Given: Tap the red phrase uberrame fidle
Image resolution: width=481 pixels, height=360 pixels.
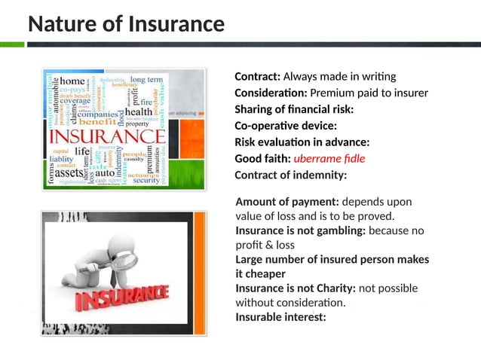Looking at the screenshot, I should (328, 159).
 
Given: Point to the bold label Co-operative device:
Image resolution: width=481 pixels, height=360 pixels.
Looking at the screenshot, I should (286, 126).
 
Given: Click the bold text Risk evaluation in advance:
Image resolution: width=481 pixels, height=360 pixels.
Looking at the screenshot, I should (302, 142).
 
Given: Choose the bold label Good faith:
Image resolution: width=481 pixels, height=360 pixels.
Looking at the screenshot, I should (262, 159).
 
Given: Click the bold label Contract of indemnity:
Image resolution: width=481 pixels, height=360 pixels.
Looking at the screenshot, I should (290, 175).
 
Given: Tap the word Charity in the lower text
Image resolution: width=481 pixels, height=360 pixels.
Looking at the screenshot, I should (332, 288).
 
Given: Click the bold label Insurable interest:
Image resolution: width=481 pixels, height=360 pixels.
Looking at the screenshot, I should (280, 317).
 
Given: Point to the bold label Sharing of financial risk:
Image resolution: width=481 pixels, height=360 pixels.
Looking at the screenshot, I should (294, 110).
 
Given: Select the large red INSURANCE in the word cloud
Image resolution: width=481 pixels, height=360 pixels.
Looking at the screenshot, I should (106, 138).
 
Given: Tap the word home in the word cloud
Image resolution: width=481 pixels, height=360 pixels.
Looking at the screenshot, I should (72, 81).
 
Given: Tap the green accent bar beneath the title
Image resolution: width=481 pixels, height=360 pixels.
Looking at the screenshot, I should (11, 44).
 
